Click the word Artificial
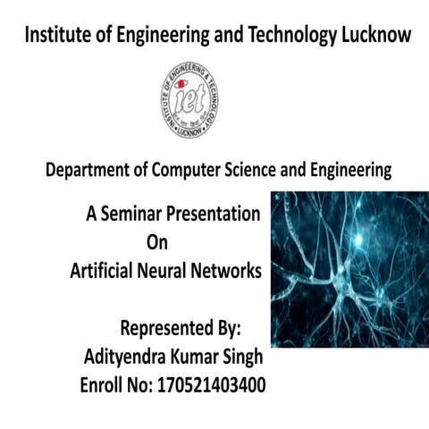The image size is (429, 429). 105,271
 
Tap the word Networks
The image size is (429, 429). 232,271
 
